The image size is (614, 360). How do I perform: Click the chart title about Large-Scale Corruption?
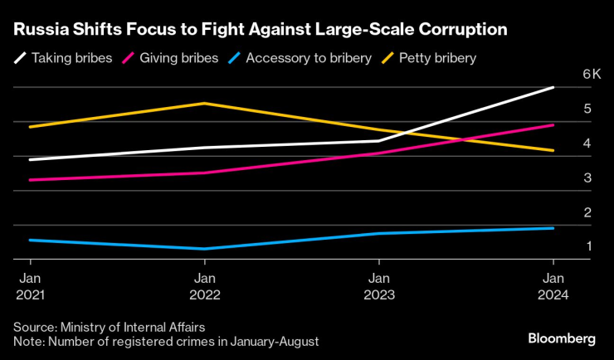tap(259, 31)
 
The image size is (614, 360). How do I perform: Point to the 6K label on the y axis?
tap(568, 74)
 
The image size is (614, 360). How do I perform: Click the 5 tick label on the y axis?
tap(563, 109)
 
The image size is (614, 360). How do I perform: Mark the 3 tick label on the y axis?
tap(563, 178)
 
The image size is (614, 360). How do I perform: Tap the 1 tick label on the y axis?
tap(563, 246)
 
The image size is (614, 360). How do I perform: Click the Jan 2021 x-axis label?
tap(31, 286)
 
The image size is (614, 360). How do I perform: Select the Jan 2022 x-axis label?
tap(205, 286)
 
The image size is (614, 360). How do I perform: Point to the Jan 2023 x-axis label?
tap(378, 286)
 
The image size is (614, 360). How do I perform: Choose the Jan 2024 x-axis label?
tap(553, 286)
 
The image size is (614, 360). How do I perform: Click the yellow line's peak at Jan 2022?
tap(205, 103)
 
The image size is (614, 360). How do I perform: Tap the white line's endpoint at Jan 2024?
tap(553, 87)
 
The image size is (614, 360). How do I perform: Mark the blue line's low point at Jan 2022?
tap(205, 249)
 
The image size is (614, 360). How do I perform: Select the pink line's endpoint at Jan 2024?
tap(553, 125)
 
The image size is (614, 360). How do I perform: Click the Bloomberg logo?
tap(562, 338)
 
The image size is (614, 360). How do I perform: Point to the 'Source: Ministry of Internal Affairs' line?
tap(109, 326)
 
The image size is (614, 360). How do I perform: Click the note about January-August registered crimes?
tap(166, 341)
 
